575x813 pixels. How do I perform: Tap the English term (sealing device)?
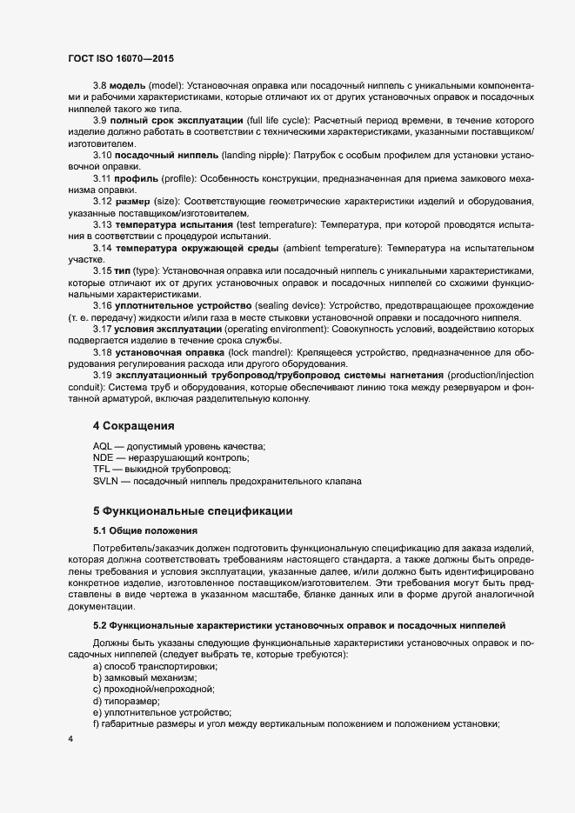tap(292, 307)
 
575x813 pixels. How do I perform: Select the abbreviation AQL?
tap(104, 446)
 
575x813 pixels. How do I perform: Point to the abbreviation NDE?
tap(104, 457)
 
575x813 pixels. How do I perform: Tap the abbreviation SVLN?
tap(107, 480)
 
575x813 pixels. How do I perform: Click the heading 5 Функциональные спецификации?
tap(197, 510)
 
